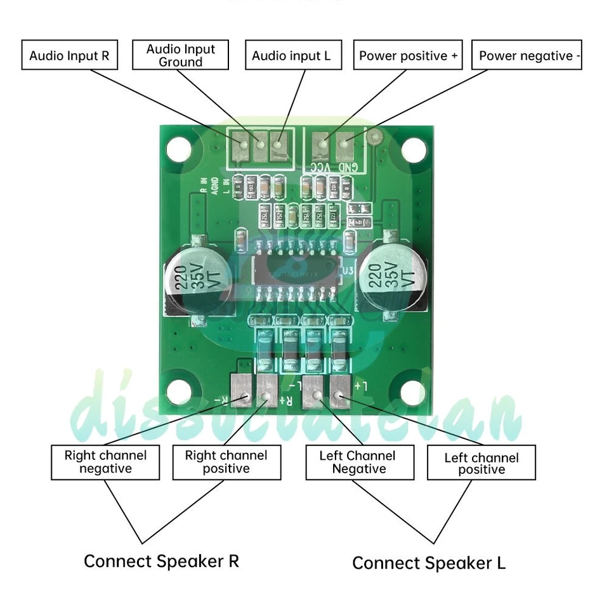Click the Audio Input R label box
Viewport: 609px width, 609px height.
tap(69, 56)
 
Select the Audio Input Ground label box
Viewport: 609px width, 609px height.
tap(180, 56)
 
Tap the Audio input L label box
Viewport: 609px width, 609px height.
tap(291, 56)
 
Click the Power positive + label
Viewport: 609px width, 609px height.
tap(408, 56)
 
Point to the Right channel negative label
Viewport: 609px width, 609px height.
tap(105, 462)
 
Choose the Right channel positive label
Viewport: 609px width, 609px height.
tap(226, 462)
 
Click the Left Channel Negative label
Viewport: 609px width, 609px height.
tap(359, 462)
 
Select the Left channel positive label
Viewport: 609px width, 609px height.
tap(481, 463)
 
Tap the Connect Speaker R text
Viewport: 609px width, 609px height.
tap(161, 561)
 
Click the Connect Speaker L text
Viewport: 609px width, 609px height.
tap(429, 563)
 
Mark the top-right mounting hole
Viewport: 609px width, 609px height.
tap(413, 150)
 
